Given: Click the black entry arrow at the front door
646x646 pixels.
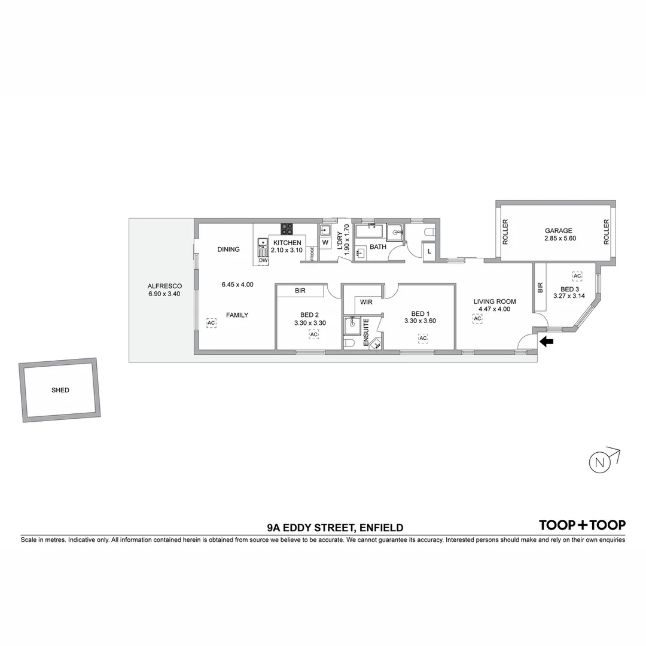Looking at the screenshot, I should pos(547,342).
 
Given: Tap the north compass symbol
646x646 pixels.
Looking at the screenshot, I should pos(599,461).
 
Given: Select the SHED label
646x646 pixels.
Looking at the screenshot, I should pos(60,390).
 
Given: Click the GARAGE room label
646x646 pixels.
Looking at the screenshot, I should pos(558,231).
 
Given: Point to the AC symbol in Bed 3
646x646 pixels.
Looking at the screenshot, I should pos(577,276).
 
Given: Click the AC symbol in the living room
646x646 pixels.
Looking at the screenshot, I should pos(477,319).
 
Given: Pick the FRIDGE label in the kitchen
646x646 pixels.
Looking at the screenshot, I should pos(312,253).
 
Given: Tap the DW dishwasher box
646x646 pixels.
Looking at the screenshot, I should pos(263,260).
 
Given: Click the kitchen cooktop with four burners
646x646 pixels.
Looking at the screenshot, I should pos(288,228).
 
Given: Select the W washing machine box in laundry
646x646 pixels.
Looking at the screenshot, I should pos(325,243).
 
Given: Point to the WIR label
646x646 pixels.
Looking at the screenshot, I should pos(366,302).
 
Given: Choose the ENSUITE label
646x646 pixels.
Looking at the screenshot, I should pos(366,333).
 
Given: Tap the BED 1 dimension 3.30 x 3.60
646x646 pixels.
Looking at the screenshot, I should pos(420,321).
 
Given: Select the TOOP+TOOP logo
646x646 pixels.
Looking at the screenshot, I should pos(582,525).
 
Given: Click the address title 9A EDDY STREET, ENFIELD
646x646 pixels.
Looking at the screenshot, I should pos(335,528).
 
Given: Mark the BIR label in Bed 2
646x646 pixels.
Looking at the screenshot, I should pos(300,291).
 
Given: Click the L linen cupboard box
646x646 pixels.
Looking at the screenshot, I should pos(429,252).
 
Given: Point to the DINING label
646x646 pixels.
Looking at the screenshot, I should pos(228,249).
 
